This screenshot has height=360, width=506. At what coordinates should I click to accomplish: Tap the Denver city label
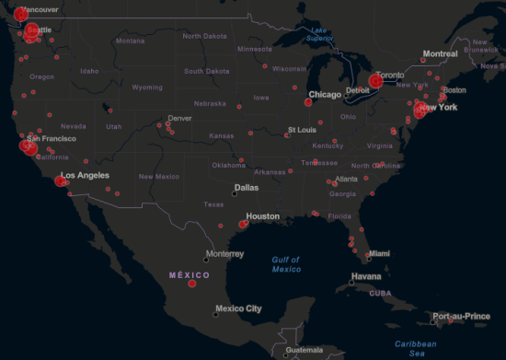(179, 118)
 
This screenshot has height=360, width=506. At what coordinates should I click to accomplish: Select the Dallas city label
(246, 187)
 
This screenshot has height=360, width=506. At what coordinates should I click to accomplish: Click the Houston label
(263, 216)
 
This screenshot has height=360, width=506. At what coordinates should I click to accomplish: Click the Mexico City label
(238, 308)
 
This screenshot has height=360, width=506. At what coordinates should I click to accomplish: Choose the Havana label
(365, 276)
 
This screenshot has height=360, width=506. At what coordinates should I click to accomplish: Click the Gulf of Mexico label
(286, 263)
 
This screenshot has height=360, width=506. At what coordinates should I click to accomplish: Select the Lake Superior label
(319, 35)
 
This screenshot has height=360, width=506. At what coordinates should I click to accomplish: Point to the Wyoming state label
(147, 87)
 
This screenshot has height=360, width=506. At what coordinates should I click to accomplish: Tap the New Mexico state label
(159, 176)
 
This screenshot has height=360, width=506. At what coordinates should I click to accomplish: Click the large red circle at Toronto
(375, 81)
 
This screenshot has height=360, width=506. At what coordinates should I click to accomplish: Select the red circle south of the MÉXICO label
(192, 284)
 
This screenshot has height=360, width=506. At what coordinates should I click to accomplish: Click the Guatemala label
(305, 351)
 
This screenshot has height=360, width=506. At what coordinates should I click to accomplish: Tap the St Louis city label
(303, 130)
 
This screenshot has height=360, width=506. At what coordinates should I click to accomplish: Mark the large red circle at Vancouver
(20, 15)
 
